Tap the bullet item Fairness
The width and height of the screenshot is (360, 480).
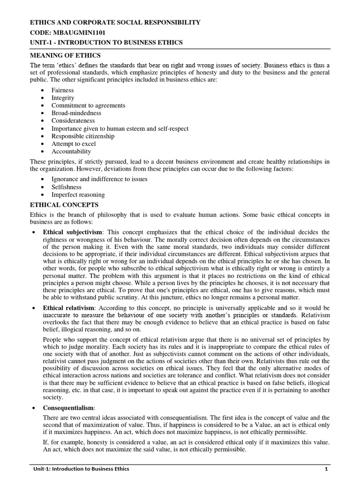tap(63, 90)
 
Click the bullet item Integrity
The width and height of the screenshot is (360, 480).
tap(63, 97)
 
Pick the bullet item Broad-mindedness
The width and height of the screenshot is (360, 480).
tap(76, 113)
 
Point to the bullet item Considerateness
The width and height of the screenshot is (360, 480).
tap(73, 120)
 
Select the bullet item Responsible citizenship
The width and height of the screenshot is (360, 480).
tap(83, 136)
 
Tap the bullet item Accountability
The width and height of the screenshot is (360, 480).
tap(71, 151)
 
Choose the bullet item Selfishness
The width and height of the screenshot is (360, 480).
tap(67, 187)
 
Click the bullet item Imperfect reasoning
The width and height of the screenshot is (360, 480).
tap(78, 195)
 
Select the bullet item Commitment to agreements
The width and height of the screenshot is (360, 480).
tap(89, 105)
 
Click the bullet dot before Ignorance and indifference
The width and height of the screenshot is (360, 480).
tap(43, 179)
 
